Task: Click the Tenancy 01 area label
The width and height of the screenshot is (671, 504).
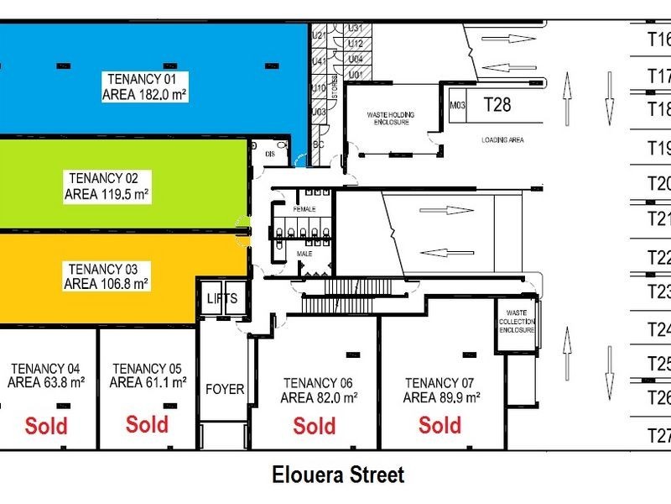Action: (x=144, y=87)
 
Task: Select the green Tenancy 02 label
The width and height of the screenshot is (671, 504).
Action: (x=107, y=186)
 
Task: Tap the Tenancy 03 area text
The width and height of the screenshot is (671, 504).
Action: (x=107, y=276)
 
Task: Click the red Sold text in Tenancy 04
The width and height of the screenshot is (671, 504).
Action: (x=46, y=426)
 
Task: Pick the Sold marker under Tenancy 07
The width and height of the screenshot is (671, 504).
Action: (x=440, y=426)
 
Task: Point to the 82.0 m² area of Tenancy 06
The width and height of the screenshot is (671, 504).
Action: (x=320, y=398)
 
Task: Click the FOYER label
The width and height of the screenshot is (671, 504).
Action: (x=225, y=389)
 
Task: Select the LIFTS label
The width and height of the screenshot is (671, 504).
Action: (x=222, y=298)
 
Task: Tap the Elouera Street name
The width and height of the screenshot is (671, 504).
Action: (x=338, y=475)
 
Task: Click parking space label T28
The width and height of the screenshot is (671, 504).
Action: (x=497, y=105)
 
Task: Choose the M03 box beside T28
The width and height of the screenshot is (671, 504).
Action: (x=458, y=106)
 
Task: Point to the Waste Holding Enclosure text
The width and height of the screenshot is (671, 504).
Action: (x=391, y=118)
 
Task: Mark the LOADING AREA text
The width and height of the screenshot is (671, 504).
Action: (x=502, y=140)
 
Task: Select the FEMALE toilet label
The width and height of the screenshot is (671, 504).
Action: (x=303, y=207)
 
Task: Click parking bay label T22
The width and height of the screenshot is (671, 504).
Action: (x=658, y=258)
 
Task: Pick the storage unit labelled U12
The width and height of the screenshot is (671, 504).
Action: (x=355, y=44)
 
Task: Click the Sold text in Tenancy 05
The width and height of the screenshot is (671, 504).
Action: (x=147, y=424)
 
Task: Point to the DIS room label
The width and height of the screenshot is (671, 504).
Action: (x=269, y=154)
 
